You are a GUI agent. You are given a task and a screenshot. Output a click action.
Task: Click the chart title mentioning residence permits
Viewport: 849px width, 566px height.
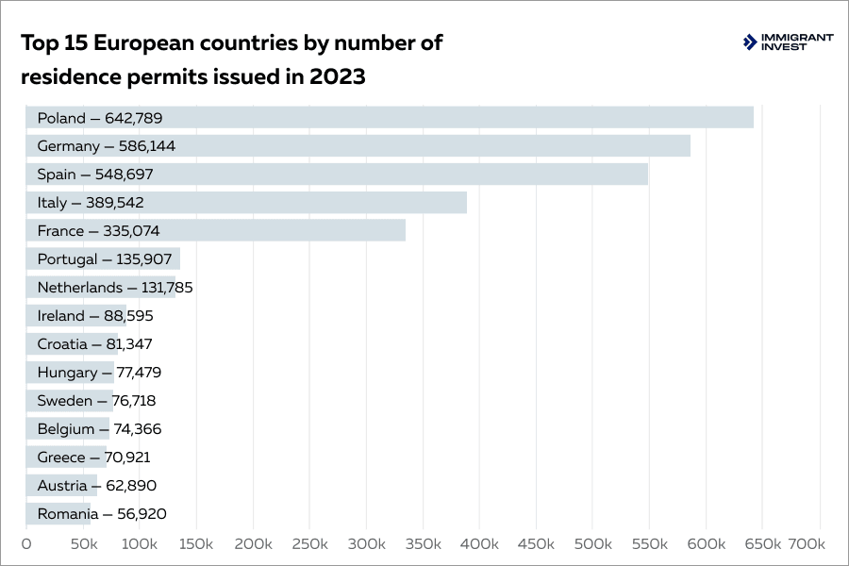[x=232, y=59]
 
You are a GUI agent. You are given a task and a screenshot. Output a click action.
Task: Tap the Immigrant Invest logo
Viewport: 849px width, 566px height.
[x=789, y=42]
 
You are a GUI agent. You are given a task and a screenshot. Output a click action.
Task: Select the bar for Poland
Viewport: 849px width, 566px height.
[x=389, y=118]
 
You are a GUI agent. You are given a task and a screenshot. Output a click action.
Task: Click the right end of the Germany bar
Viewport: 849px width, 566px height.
[x=688, y=146]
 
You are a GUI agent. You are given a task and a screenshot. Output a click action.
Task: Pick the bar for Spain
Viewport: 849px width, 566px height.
[x=337, y=175]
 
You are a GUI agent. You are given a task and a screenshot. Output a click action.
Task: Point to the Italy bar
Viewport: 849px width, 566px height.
[x=246, y=203]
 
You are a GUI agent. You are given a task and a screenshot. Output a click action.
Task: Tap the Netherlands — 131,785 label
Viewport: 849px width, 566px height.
[x=114, y=288]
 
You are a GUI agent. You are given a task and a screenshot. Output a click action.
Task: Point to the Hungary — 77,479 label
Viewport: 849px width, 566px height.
[x=99, y=373]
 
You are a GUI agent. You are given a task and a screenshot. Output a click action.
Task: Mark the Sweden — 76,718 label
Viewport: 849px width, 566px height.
[x=97, y=401]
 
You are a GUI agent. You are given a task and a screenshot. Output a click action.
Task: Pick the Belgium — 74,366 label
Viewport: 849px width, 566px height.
[x=99, y=429]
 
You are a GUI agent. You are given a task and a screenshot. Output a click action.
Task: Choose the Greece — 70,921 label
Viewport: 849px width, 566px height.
[x=93, y=458]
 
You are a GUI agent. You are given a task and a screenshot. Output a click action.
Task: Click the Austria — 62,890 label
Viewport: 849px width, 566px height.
[x=96, y=486]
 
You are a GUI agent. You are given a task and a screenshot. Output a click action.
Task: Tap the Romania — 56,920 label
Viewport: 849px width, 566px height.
[x=102, y=514]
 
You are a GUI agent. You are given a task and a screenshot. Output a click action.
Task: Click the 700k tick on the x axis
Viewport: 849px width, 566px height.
[x=806, y=544]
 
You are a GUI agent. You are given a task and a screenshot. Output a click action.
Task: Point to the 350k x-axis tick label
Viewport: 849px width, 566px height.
[x=423, y=544]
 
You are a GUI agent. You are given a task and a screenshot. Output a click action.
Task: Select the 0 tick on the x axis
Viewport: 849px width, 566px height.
[x=26, y=544]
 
